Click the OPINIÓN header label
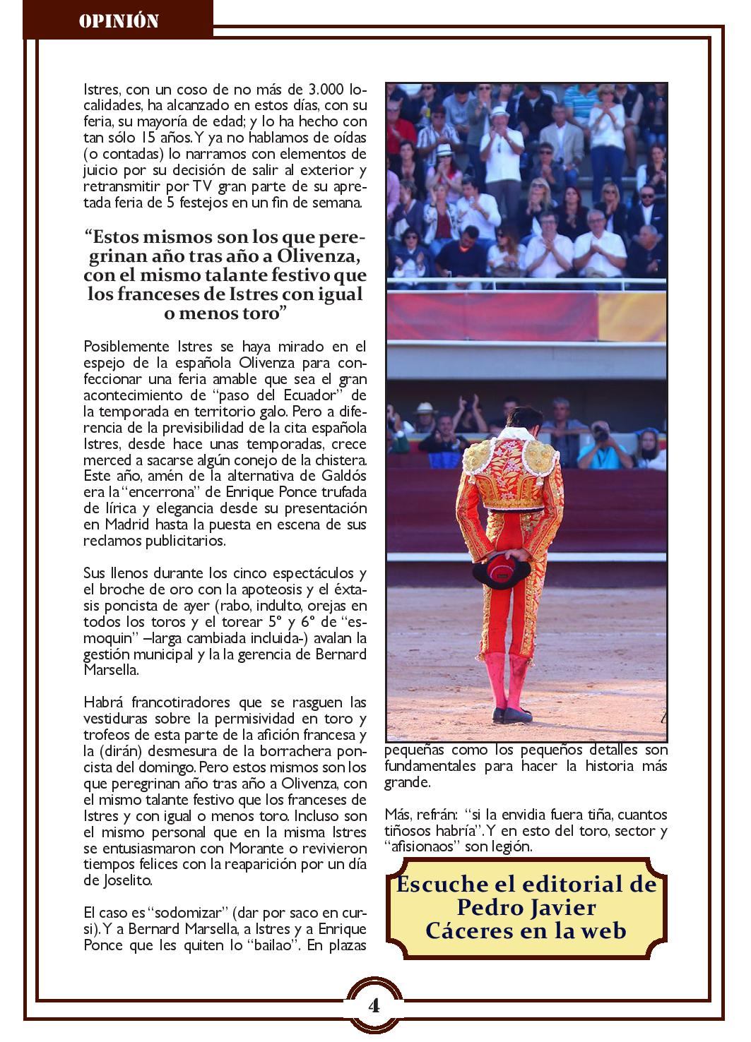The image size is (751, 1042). click(x=118, y=21)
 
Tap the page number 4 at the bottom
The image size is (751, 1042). click(x=374, y=1005)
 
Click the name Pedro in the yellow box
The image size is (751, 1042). click(x=490, y=907)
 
